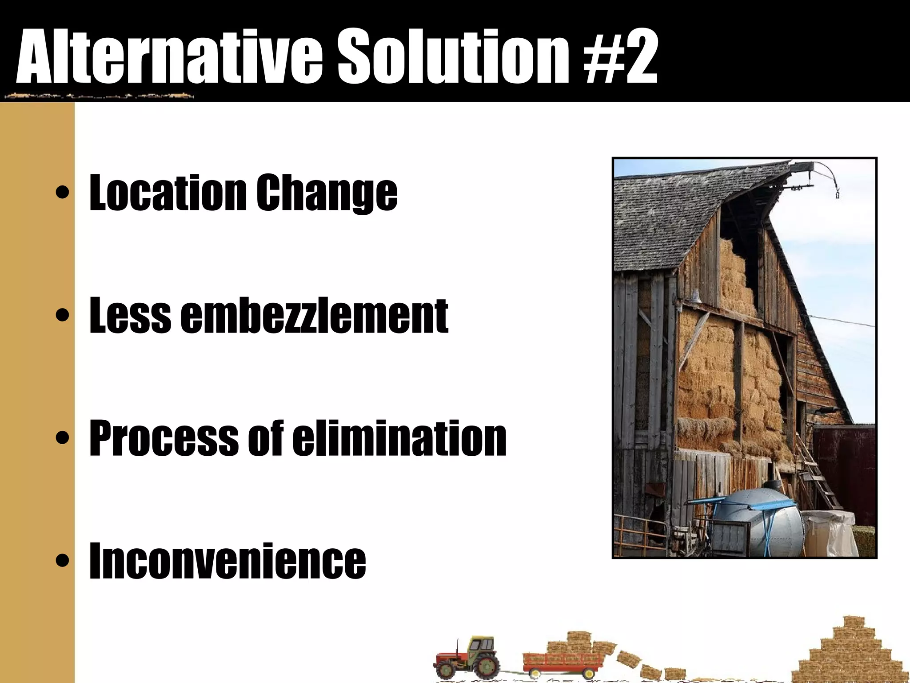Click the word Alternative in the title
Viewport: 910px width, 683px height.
tap(169, 57)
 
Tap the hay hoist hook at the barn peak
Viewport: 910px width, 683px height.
tap(837, 194)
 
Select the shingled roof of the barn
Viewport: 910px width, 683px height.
tap(675, 213)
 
